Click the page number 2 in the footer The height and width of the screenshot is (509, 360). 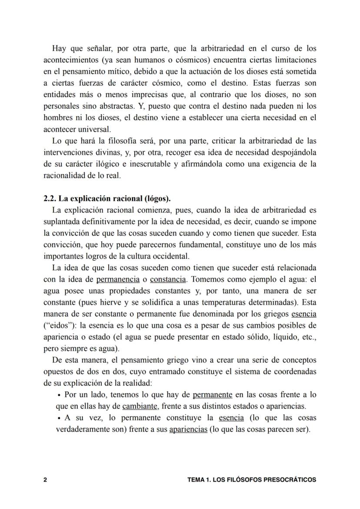pos(45,480)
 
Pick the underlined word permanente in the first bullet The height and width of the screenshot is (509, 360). pos(212,395)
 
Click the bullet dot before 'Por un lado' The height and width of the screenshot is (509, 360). pos(59,396)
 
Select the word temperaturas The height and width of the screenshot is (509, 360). pos(216,302)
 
